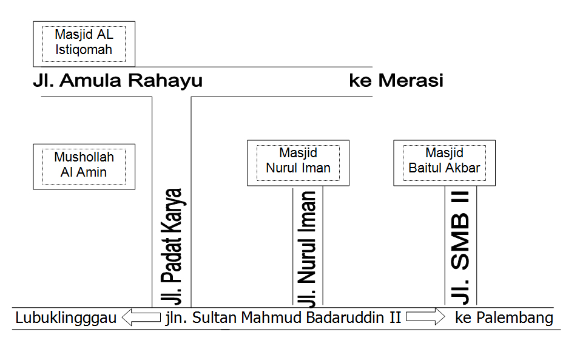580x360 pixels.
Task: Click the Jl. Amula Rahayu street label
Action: point(118,81)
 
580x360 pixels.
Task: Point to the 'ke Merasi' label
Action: point(396,81)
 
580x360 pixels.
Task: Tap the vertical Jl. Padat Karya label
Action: point(172,246)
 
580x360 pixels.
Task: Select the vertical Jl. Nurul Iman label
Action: point(308,250)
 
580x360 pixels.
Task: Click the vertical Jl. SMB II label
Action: point(460,248)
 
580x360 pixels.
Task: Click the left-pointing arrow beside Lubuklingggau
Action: point(141,318)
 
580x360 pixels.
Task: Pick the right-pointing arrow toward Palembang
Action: point(425,317)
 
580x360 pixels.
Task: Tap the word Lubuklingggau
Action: point(66,318)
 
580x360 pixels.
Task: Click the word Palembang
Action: point(514,318)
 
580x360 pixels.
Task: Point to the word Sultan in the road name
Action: point(212,318)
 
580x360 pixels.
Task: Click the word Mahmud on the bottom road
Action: point(266,318)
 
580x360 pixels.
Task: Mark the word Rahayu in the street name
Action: point(166,81)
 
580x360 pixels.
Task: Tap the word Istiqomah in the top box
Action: point(84,50)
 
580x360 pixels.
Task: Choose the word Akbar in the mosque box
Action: point(462,168)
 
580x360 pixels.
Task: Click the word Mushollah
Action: point(84,157)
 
